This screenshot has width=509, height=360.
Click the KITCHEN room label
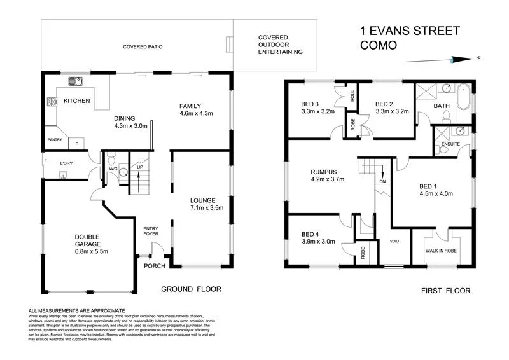(x=76, y=101)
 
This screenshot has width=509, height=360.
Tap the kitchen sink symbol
(x=75, y=81)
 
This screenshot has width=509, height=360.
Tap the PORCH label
(x=155, y=265)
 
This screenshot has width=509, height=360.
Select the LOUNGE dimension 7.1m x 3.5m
(x=202, y=208)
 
